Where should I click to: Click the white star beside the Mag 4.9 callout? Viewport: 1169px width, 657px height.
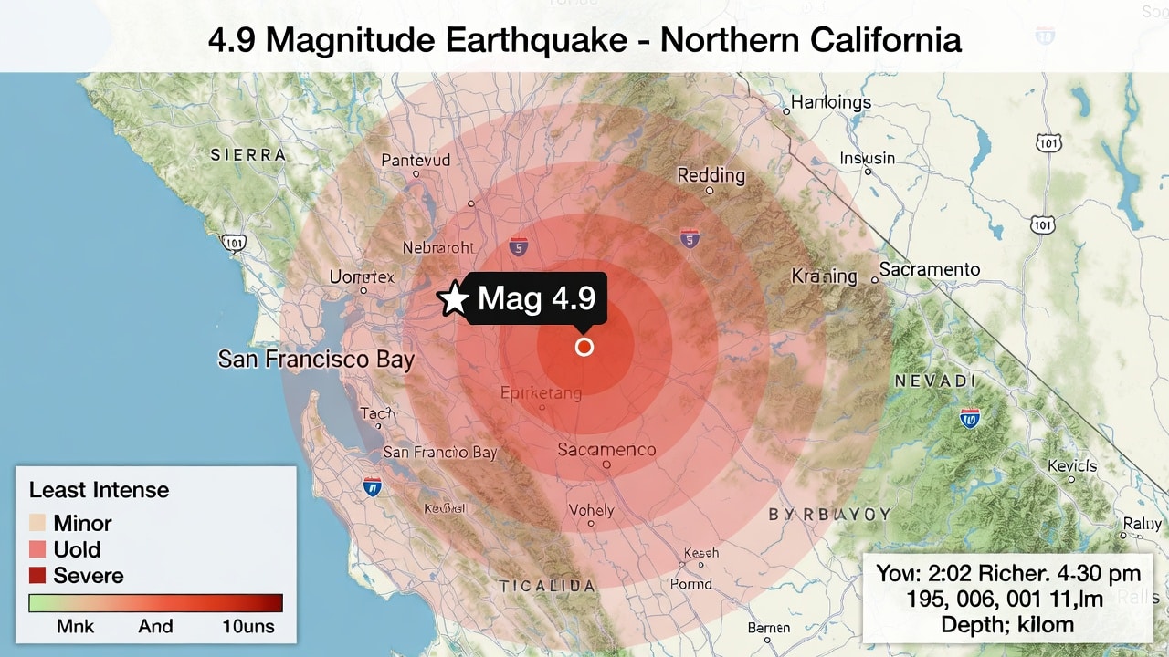454,299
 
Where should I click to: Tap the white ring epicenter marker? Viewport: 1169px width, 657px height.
584,347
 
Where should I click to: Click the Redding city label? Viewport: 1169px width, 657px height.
711,176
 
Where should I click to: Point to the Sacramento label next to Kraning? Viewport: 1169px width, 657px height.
929,269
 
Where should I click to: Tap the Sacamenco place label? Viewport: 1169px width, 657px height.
606,449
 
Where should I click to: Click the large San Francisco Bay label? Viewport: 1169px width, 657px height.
316,360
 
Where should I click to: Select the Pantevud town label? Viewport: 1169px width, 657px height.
416,160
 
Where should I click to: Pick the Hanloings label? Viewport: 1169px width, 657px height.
830,102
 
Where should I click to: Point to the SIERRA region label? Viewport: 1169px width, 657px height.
247,155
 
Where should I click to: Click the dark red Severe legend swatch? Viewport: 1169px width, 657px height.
37,576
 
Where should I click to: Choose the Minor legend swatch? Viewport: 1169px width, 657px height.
37,523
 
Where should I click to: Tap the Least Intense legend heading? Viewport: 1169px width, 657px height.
99,490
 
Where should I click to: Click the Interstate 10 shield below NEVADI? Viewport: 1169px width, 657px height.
970,418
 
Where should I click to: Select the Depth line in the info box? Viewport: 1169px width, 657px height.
1007,625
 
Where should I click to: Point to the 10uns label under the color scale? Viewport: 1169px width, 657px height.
247,626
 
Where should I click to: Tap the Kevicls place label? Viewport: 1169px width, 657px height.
1072,466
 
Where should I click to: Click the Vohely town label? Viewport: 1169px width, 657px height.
591,510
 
